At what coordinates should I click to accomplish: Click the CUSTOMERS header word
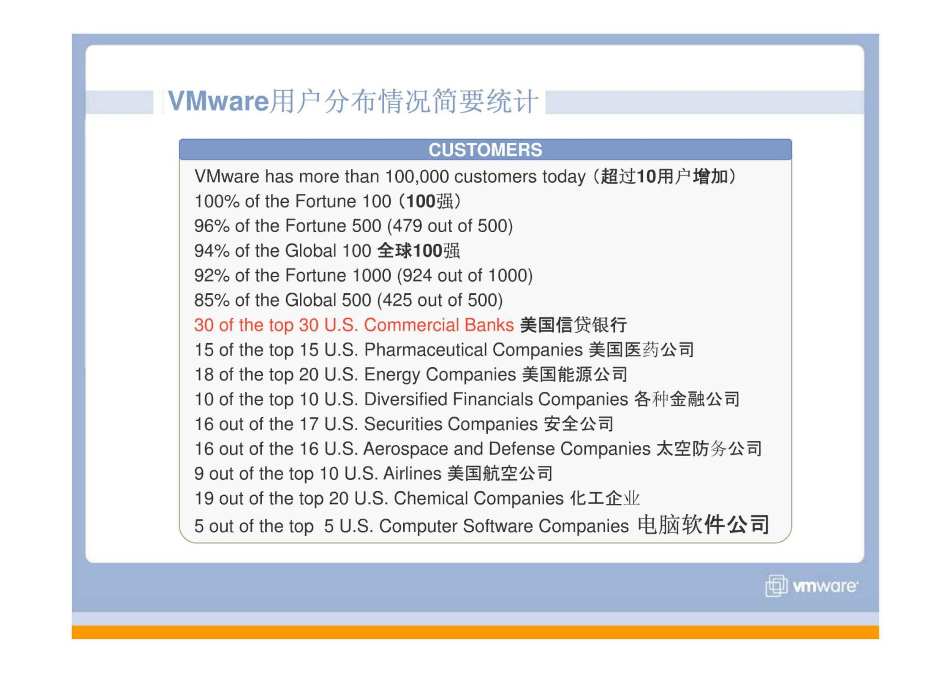pos(485,150)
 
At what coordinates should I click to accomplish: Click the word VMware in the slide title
pos(218,101)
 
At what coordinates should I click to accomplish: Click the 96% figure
pos(212,226)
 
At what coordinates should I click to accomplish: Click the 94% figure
pos(212,251)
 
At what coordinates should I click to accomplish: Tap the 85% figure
pos(212,300)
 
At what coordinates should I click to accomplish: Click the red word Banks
pos(489,325)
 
